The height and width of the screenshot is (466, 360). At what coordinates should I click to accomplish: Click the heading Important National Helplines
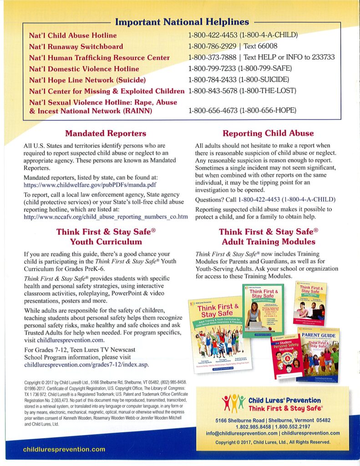click(182, 22)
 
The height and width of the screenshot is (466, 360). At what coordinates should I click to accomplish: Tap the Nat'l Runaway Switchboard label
click(76, 46)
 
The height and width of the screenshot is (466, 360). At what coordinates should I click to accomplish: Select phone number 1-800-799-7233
click(213, 69)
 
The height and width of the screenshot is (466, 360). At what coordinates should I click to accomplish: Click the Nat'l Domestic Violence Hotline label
click(84, 69)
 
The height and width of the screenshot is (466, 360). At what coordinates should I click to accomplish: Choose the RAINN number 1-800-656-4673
click(213, 111)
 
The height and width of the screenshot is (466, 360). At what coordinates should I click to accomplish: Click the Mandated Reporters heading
click(106, 133)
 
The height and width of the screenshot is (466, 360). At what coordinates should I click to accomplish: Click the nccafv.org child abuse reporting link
click(106, 217)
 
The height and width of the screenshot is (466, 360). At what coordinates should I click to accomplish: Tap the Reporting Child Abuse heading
click(268, 133)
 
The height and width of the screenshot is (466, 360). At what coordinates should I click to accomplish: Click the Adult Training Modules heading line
click(268, 242)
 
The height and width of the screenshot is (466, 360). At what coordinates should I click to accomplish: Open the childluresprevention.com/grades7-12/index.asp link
click(86, 365)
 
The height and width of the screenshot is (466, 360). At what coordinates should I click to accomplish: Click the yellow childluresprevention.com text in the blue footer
click(64, 449)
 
